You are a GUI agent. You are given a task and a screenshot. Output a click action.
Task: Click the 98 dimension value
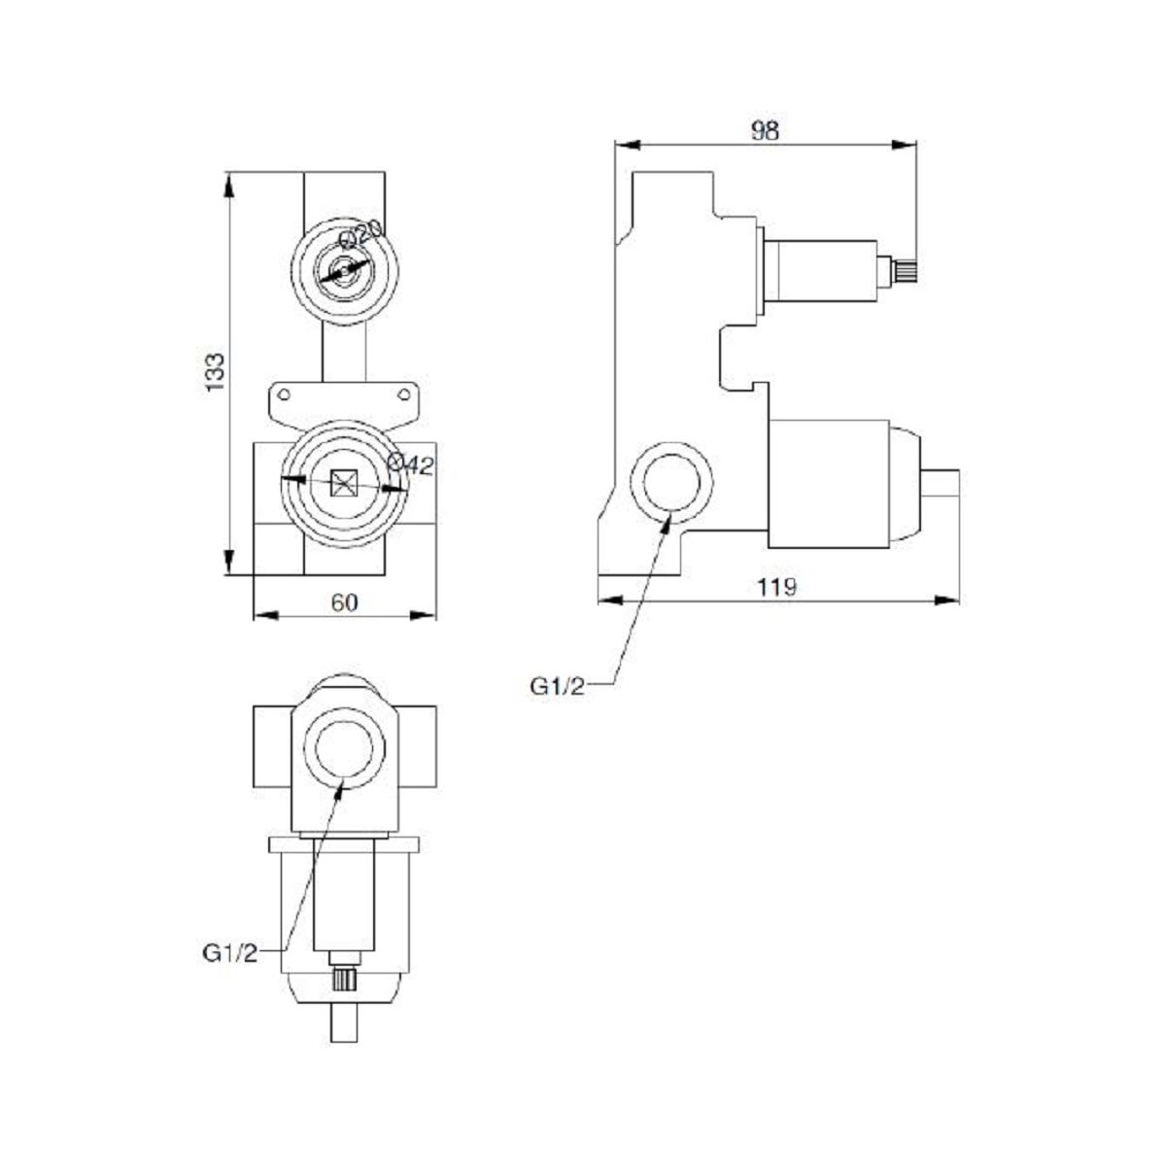click(x=765, y=131)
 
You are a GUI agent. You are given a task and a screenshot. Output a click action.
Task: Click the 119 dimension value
click(x=777, y=587)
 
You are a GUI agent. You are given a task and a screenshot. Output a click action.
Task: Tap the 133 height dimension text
click(x=215, y=371)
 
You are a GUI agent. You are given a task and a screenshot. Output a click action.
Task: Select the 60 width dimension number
click(x=344, y=602)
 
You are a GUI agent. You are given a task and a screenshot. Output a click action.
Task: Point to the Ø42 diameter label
click(x=410, y=464)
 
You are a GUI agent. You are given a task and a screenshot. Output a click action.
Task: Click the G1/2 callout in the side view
click(x=558, y=686)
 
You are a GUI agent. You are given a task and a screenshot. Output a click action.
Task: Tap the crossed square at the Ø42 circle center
click(x=344, y=484)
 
